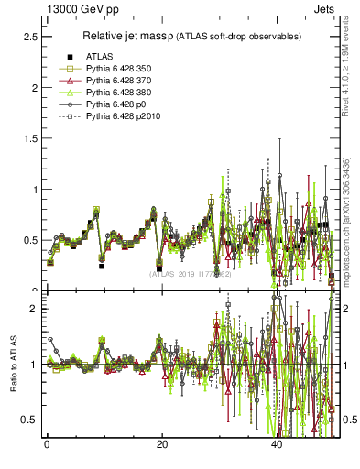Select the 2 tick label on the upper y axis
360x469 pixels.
32,88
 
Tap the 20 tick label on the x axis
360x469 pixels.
162,444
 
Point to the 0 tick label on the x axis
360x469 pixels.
47,444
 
